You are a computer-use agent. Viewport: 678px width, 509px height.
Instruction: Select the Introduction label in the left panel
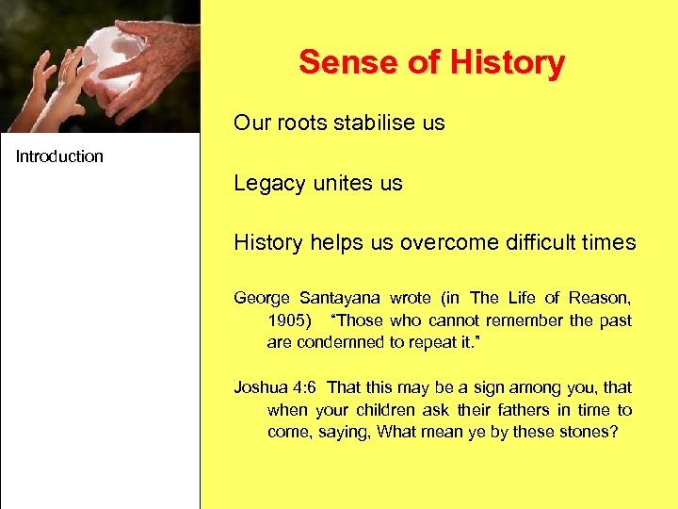(x=59, y=156)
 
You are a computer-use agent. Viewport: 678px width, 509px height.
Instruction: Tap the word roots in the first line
(x=300, y=123)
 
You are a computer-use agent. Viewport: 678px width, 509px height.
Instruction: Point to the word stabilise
(x=372, y=123)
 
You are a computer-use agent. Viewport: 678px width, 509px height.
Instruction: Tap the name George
(x=261, y=298)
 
